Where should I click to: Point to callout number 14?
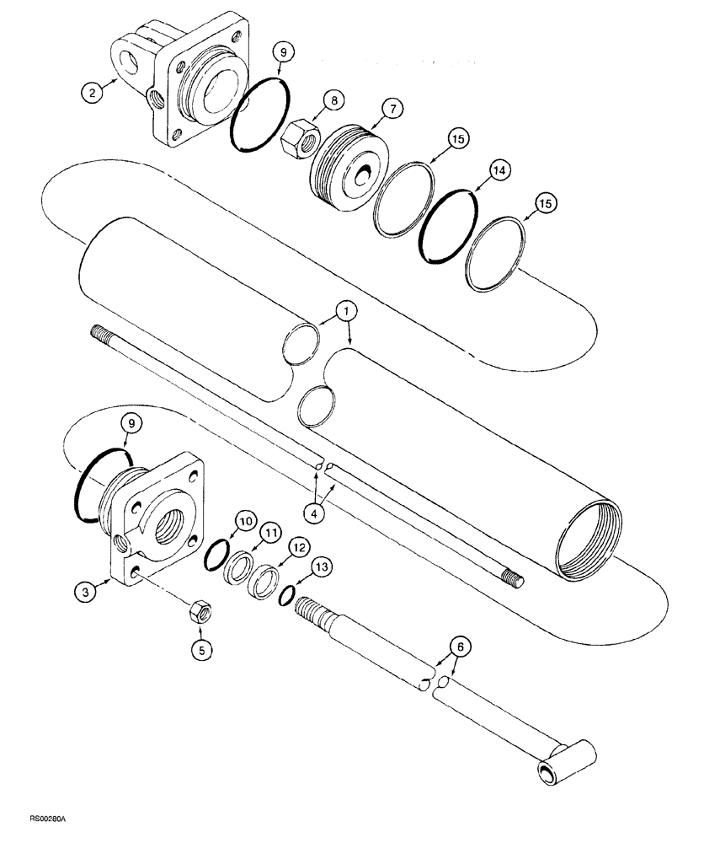tap(500, 170)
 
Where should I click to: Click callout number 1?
tap(347, 313)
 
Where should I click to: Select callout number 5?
tap(202, 649)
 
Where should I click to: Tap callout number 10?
tap(244, 523)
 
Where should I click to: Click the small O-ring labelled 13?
tap(287, 595)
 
